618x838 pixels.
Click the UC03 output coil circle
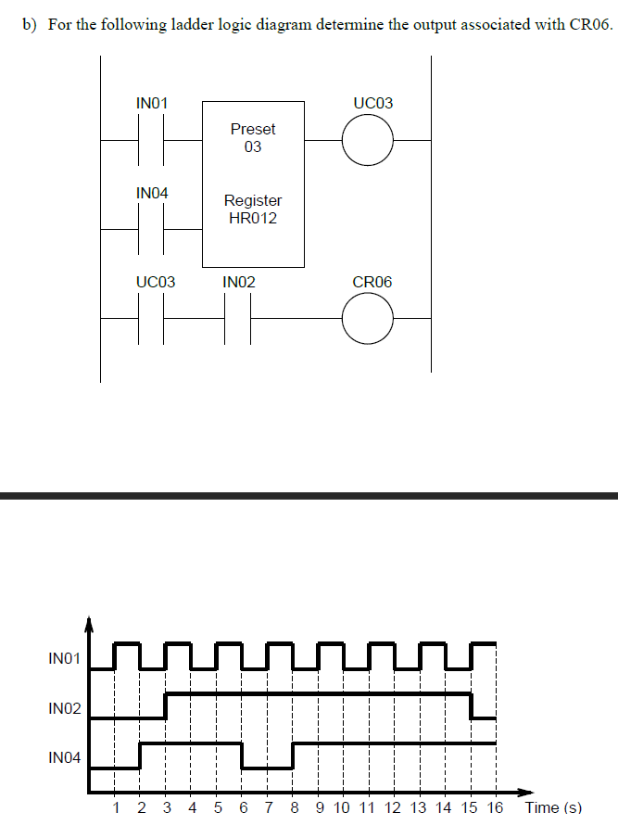368,141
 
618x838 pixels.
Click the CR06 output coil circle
368,318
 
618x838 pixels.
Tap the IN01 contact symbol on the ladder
151,141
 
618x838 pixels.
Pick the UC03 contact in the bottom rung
151,318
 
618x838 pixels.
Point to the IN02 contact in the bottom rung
238,318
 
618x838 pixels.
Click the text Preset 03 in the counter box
253,138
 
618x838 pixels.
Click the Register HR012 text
253,209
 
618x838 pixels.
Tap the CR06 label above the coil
372,282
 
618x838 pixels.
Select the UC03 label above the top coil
372,103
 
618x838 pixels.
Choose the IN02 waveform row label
64,709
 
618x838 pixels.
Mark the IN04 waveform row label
64,758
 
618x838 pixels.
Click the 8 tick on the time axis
294,807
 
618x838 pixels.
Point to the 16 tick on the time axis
495,807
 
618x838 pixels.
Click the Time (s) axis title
554,807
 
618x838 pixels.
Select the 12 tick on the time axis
393,807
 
